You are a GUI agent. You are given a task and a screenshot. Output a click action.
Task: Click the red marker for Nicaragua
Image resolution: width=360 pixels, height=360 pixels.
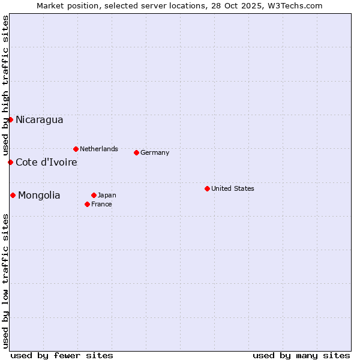pyautogui.click(x=10, y=119)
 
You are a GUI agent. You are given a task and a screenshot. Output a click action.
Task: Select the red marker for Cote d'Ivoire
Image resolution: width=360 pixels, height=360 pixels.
pyautogui.click(x=10, y=162)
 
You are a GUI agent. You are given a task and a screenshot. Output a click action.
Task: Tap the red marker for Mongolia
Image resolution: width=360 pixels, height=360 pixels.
pyautogui.click(x=13, y=195)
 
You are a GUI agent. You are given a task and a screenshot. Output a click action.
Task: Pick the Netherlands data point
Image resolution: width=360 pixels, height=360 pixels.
pyautogui.click(x=76, y=149)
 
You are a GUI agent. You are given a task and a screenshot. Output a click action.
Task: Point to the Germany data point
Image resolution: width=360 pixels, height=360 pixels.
pyautogui.click(x=136, y=152)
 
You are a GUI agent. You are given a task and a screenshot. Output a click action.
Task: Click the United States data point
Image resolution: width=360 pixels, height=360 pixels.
pyautogui.click(x=207, y=188)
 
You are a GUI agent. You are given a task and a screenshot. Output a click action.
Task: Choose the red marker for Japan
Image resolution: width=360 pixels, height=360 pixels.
pyautogui.click(x=94, y=195)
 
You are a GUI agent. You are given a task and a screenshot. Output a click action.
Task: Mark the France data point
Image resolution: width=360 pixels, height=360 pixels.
pyautogui.click(x=87, y=204)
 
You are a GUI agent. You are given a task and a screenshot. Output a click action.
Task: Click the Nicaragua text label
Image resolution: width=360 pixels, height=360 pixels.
pyautogui.click(x=39, y=120)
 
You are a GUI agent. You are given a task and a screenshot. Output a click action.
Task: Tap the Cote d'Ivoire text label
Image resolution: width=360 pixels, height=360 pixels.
pyautogui.click(x=46, y=163)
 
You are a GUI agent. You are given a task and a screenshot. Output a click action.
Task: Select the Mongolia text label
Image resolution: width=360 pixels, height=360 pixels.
pyautogui.click(x=39, y=196)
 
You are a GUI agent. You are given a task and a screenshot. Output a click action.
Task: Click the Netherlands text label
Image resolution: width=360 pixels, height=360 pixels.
pyautogui.click(x=99, y=149)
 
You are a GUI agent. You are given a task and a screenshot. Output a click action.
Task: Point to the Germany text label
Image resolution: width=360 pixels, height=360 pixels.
pyautogui.click(x=155, y=152)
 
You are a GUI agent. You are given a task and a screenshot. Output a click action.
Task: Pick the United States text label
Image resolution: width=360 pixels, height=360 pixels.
pyautogui.click(x=233, y=188)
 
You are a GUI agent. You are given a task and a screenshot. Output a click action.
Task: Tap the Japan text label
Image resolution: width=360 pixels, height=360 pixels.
pyautogui.click(x=107, y=195)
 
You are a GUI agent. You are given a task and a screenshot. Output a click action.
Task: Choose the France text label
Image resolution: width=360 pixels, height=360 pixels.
pyautogui.click(x=101, y=204)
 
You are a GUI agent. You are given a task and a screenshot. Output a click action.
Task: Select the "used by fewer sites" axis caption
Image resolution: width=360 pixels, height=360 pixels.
pyautogui.click(x=62, y=355)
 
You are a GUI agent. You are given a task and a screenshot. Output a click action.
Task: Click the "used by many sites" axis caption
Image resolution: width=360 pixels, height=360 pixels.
pyautogui.click(x=301, y=355)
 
